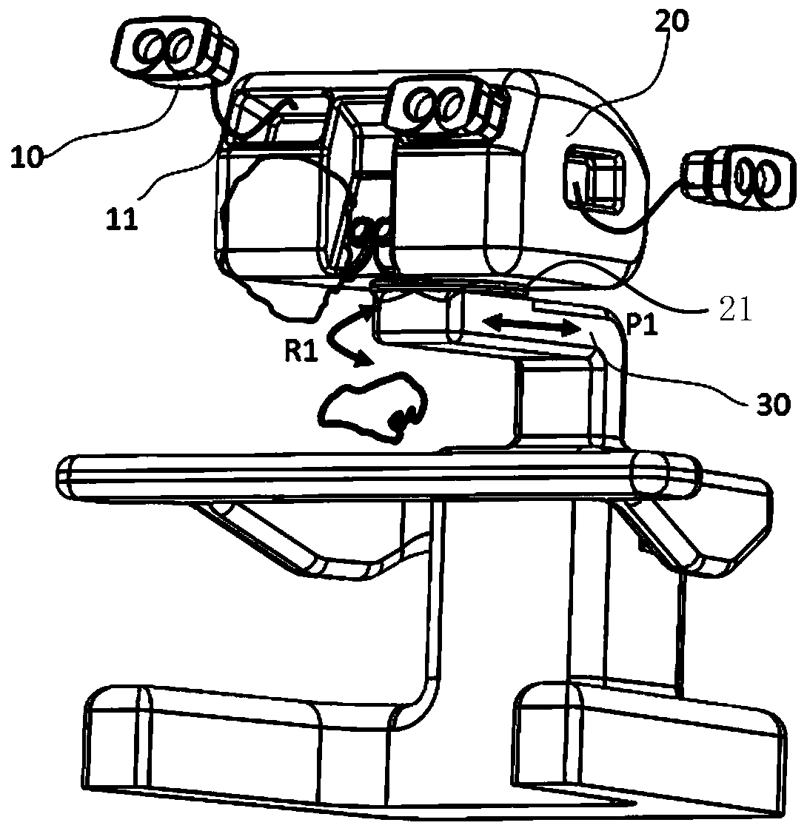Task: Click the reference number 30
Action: pos(769,405)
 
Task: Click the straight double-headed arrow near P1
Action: pos(530,325)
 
